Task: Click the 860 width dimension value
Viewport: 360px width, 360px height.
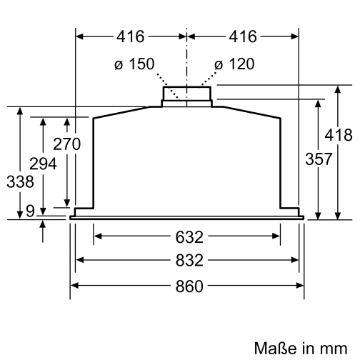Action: [x=186, y=286]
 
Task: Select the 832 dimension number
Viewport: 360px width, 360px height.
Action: [x=186, y=260]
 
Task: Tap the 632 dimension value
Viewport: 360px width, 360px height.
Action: [x=186, y=236]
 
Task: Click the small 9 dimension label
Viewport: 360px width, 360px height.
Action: [x=29, y=211]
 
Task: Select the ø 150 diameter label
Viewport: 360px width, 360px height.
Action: [x=134, y=65]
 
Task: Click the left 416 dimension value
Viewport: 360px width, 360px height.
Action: [x=131, y=36]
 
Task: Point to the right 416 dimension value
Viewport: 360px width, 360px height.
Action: [x=243, y=36]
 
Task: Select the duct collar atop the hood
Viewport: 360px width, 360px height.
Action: [x=186, y=94]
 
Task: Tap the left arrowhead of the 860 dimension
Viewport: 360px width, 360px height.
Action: [x=74, y=286]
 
